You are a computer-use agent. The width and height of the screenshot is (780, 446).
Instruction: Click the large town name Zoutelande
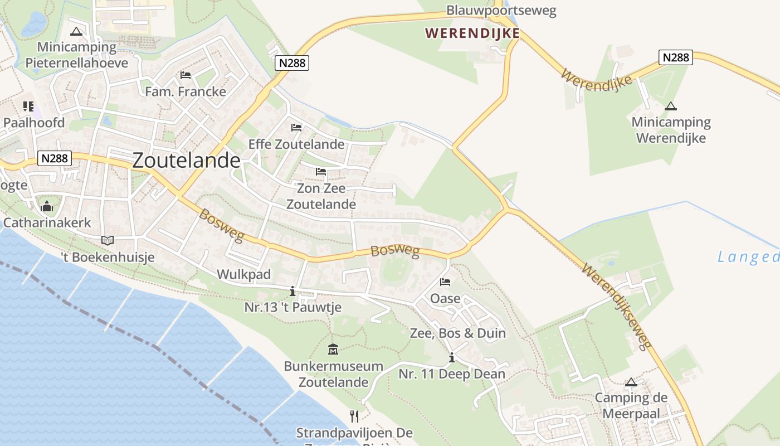point(186,161)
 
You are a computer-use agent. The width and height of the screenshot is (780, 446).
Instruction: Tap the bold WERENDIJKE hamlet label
point(472,33)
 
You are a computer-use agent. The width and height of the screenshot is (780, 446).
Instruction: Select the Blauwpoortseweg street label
point(501,11)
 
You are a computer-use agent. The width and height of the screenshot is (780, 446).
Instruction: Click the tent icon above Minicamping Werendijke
point(671,106)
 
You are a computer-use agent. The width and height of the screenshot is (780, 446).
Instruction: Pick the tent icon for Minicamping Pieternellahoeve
point(76,31)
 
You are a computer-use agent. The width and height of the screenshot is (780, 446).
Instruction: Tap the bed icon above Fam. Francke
point(186,75)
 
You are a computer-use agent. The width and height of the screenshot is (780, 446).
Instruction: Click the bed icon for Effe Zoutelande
point(296,128)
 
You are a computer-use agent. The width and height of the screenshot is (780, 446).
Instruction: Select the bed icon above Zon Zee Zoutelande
point(321,172)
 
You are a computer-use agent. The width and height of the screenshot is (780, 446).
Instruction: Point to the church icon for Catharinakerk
point(47,207)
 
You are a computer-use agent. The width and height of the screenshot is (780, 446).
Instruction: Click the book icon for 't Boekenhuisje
point(108,241)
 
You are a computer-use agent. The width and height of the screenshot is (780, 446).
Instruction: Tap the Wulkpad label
point(243,274)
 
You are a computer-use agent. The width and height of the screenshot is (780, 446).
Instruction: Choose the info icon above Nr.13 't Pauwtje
point(292,291)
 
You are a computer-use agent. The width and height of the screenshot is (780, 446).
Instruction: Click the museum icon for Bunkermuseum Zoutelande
point(333,350)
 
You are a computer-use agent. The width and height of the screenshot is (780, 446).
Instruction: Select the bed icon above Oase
point(445,282)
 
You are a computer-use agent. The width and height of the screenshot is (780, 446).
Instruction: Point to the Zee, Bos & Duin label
point(457,333)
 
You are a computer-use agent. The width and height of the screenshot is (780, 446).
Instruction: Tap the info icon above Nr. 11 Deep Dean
point(451,358)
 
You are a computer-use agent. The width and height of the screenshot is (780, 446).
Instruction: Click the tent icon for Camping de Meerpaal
point(631,382)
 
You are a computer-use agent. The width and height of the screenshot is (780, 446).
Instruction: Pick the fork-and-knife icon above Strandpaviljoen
point(354,416)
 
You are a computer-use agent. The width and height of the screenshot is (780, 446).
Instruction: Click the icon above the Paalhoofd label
point(28,106)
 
